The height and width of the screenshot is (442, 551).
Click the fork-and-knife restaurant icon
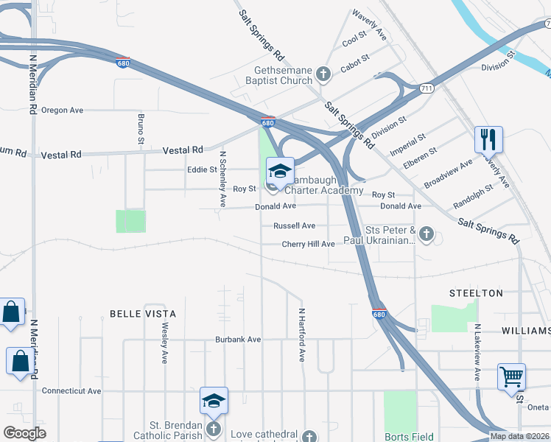488,138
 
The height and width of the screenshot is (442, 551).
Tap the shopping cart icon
511,376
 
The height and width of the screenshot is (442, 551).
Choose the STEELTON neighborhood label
476,293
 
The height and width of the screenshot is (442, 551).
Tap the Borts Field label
401,435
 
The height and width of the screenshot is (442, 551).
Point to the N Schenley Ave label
222,179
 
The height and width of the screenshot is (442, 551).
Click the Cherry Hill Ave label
308,244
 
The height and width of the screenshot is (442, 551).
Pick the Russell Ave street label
294,225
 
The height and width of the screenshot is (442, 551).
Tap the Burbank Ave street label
238,340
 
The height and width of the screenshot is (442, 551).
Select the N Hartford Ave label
301,335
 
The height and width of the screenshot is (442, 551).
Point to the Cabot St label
354,69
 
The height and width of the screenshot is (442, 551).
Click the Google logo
25,433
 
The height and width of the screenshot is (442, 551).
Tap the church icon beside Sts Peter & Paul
427,235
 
